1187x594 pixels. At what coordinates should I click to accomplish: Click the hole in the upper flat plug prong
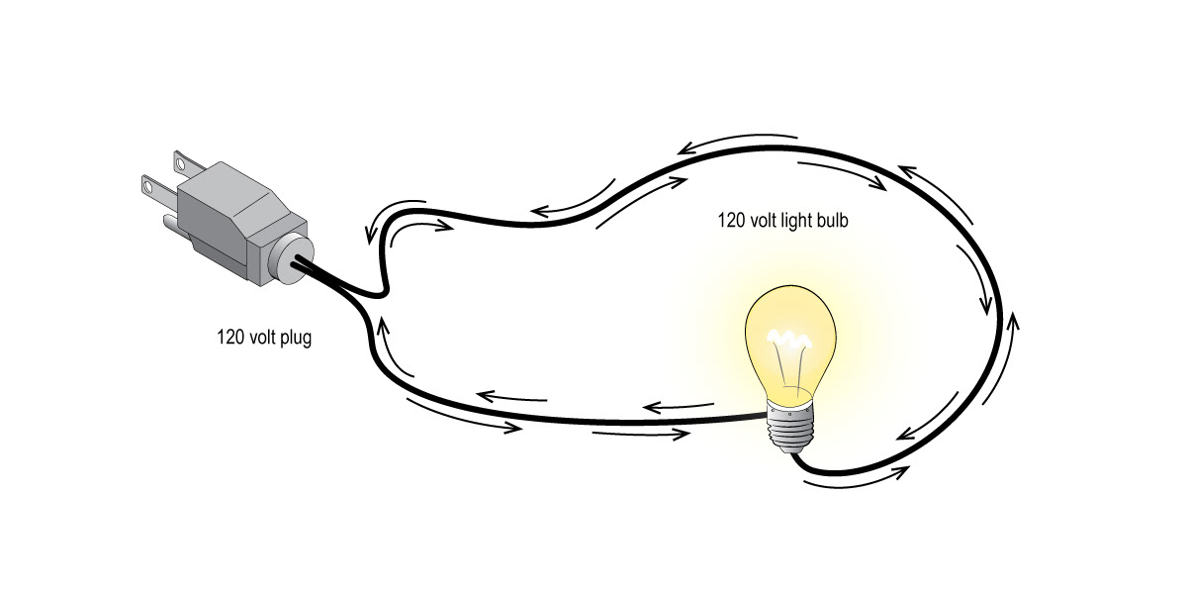(179, 155)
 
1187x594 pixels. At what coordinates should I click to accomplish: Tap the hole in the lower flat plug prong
(148, 183)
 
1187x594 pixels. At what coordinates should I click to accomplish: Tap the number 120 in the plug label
(229, 339)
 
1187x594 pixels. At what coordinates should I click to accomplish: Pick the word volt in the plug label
(261, 339)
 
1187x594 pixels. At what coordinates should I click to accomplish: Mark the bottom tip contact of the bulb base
(790, 451)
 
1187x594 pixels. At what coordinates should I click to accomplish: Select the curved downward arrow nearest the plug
(372, 228)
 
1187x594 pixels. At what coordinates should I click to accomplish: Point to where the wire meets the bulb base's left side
(768, 419)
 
